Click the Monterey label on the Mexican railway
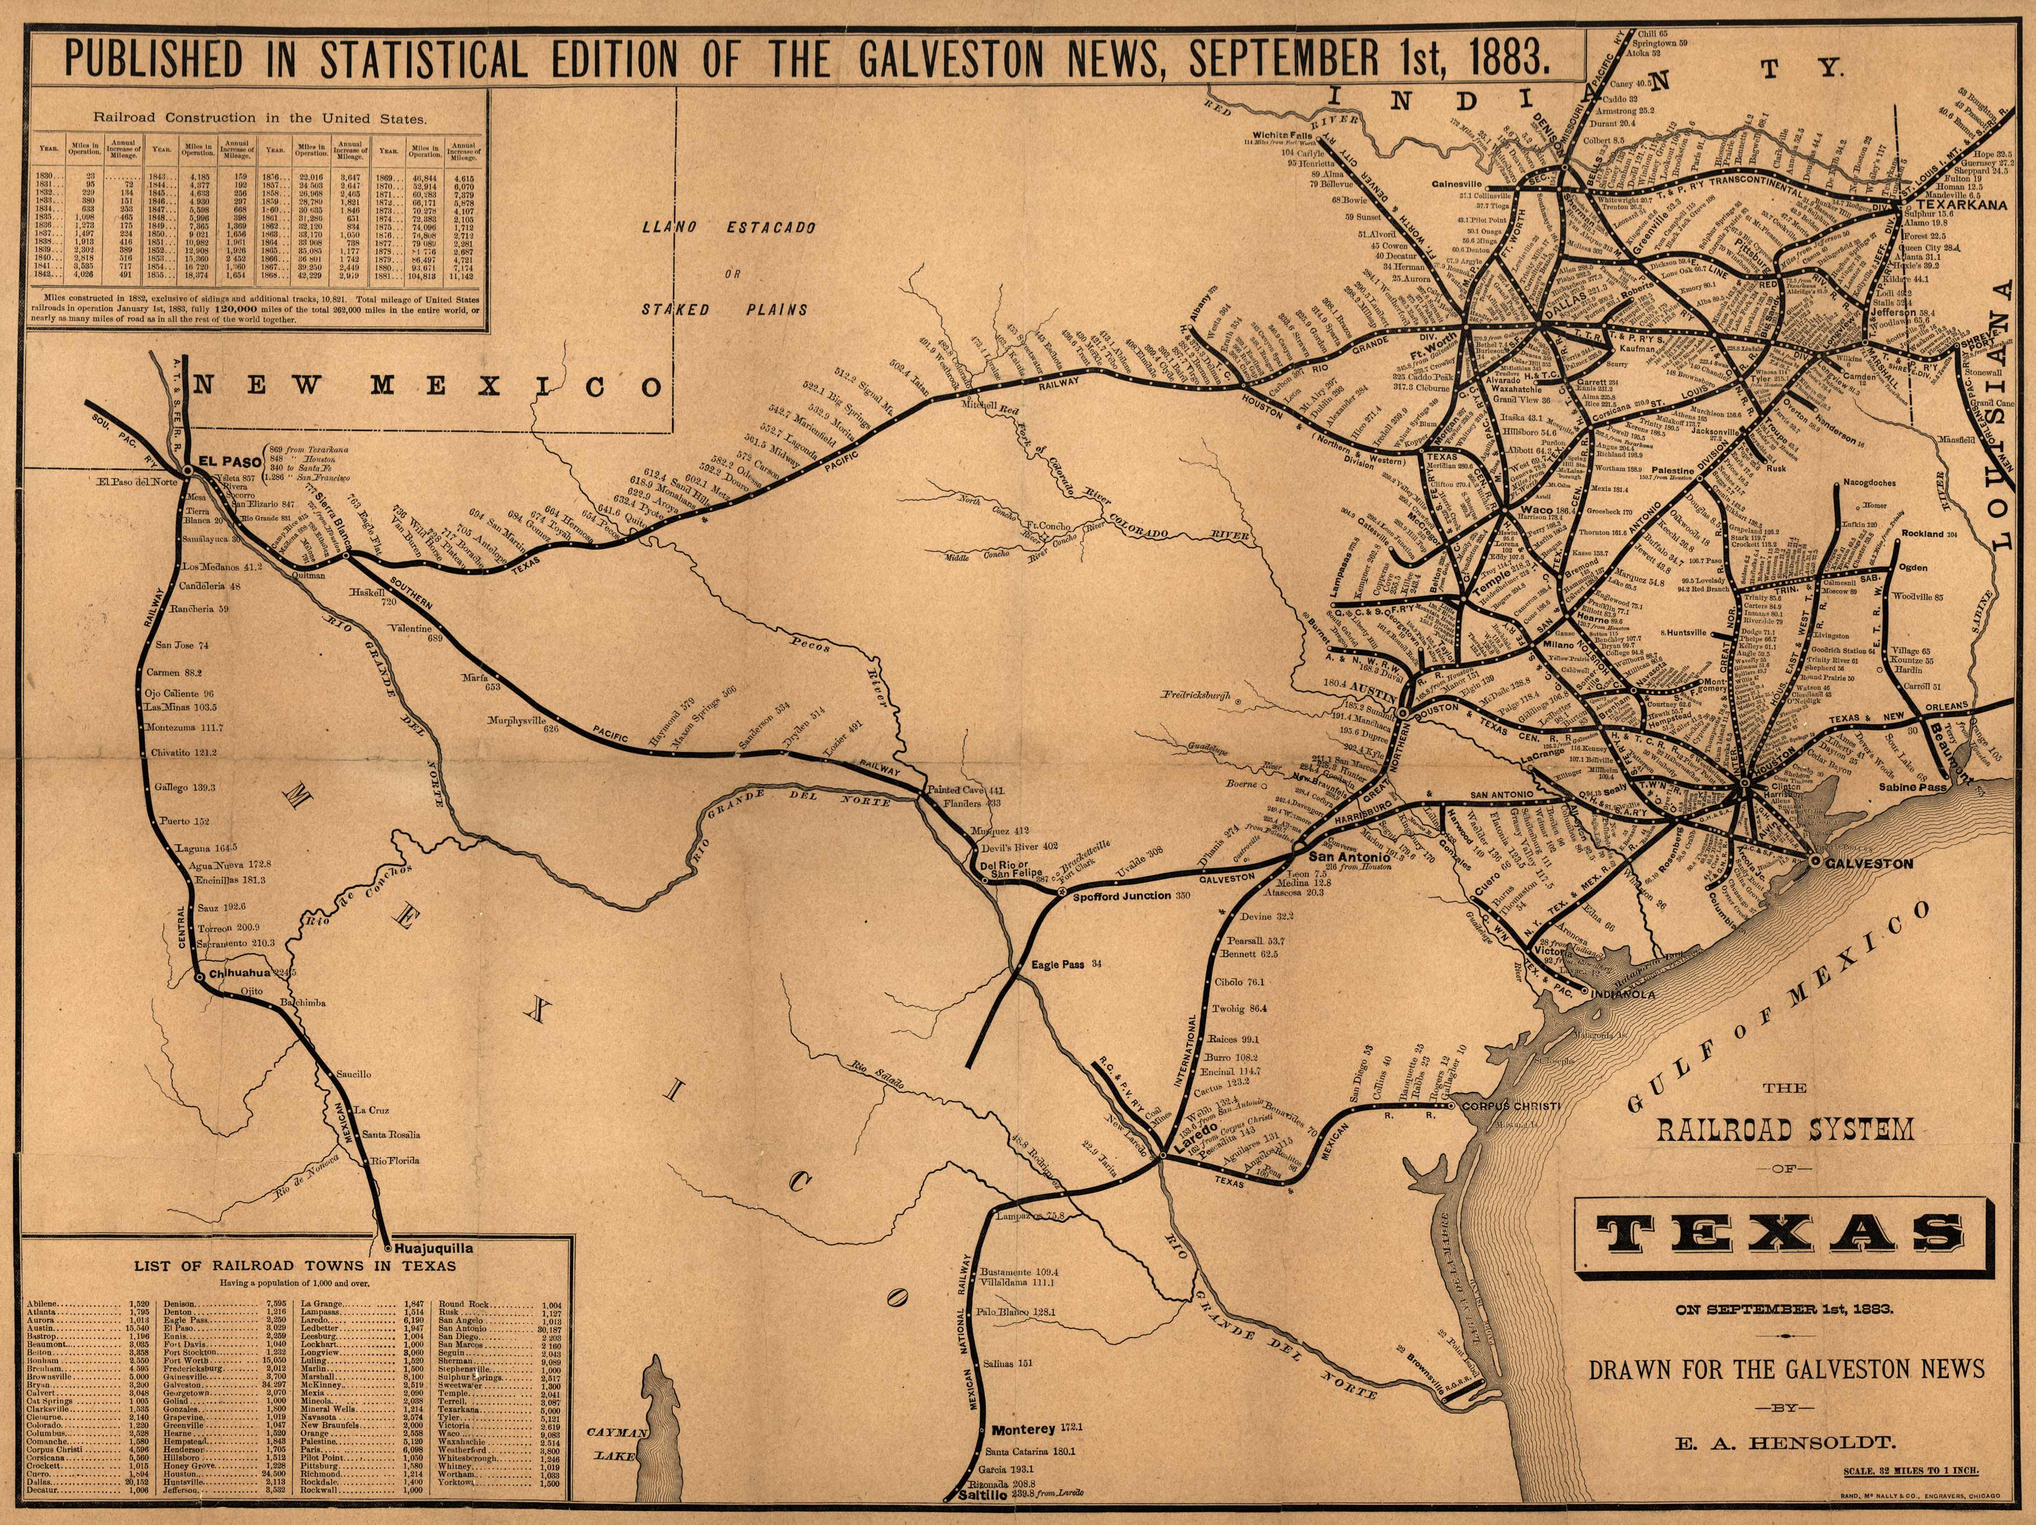(x=1023, y=1429)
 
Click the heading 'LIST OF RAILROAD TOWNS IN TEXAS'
(x=294, y=1266)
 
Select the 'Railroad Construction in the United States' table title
(x=259, y=118)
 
